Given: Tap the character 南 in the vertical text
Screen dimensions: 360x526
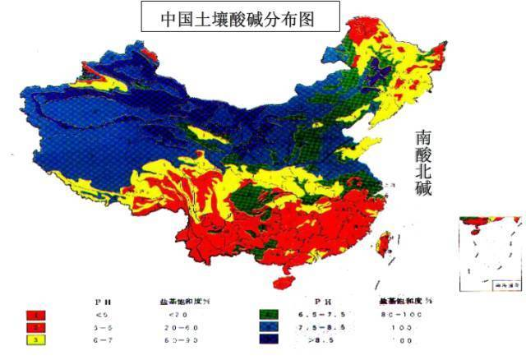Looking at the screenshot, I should point(424,137).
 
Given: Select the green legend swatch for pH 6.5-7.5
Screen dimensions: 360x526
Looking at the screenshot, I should point(269,314).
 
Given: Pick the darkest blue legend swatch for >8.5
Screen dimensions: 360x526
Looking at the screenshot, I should point(269,339).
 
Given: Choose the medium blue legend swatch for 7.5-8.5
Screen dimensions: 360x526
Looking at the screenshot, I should point(269,326).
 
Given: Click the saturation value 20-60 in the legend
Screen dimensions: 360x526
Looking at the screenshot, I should point(179,327).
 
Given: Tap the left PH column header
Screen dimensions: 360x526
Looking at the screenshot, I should point(103,301).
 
